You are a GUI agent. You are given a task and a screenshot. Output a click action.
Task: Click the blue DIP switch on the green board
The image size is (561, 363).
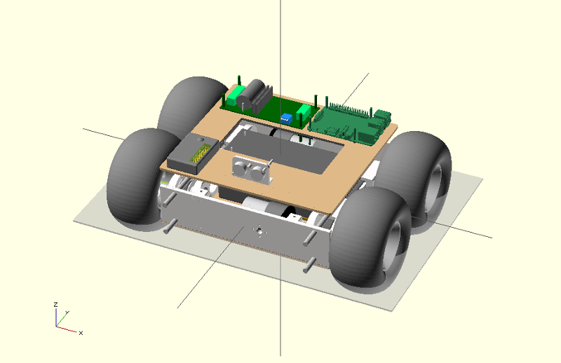click(286, 118)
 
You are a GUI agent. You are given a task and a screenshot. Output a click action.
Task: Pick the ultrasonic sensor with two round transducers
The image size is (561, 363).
click(249, 169)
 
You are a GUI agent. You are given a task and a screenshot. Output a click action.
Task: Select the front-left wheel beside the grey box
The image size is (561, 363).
click(137, 176)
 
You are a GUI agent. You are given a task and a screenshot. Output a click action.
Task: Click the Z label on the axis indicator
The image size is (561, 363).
click(55, 305)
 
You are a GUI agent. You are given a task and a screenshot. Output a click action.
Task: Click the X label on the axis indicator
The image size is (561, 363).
click(81, 332)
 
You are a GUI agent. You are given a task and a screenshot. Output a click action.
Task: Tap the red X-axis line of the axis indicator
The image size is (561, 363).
click(67, 328)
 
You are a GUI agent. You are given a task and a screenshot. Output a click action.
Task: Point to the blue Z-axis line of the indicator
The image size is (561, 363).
click(56, 317)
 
